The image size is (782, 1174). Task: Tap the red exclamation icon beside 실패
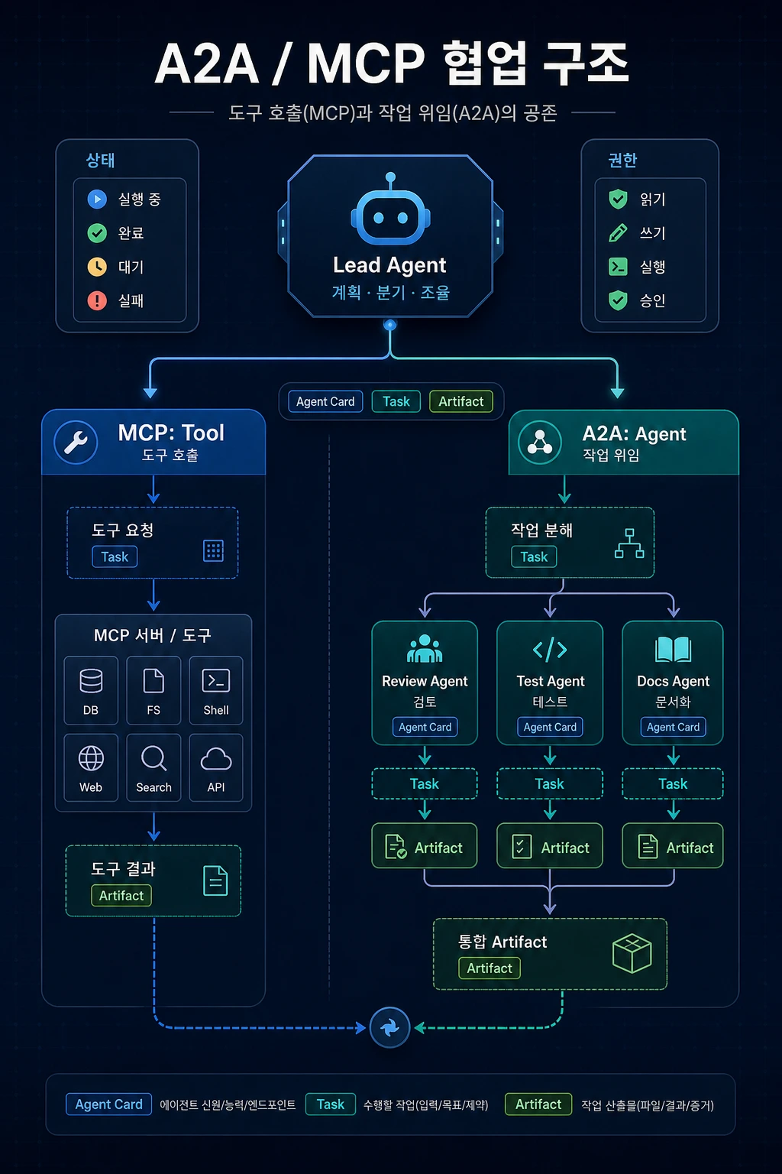97,301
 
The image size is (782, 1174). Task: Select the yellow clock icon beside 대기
97,267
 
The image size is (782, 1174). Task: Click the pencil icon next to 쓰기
618,232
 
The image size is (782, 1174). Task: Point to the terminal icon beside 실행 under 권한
618,267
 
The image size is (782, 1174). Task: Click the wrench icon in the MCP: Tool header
76,442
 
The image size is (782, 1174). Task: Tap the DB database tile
91,690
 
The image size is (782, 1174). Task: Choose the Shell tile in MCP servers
216,690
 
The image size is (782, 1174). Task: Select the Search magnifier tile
153,768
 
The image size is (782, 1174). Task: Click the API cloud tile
216,768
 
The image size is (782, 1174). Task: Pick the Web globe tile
91,768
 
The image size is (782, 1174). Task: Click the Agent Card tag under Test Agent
550,727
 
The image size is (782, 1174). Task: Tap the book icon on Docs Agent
673,650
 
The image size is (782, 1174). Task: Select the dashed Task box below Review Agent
425,783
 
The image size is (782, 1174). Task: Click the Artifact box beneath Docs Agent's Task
673,845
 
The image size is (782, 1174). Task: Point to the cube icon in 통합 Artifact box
632,953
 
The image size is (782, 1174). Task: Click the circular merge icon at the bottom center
389,1028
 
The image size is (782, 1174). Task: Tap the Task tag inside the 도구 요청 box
115,556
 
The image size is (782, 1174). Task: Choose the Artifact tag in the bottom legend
538,1104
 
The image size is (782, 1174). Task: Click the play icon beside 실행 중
97,199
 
